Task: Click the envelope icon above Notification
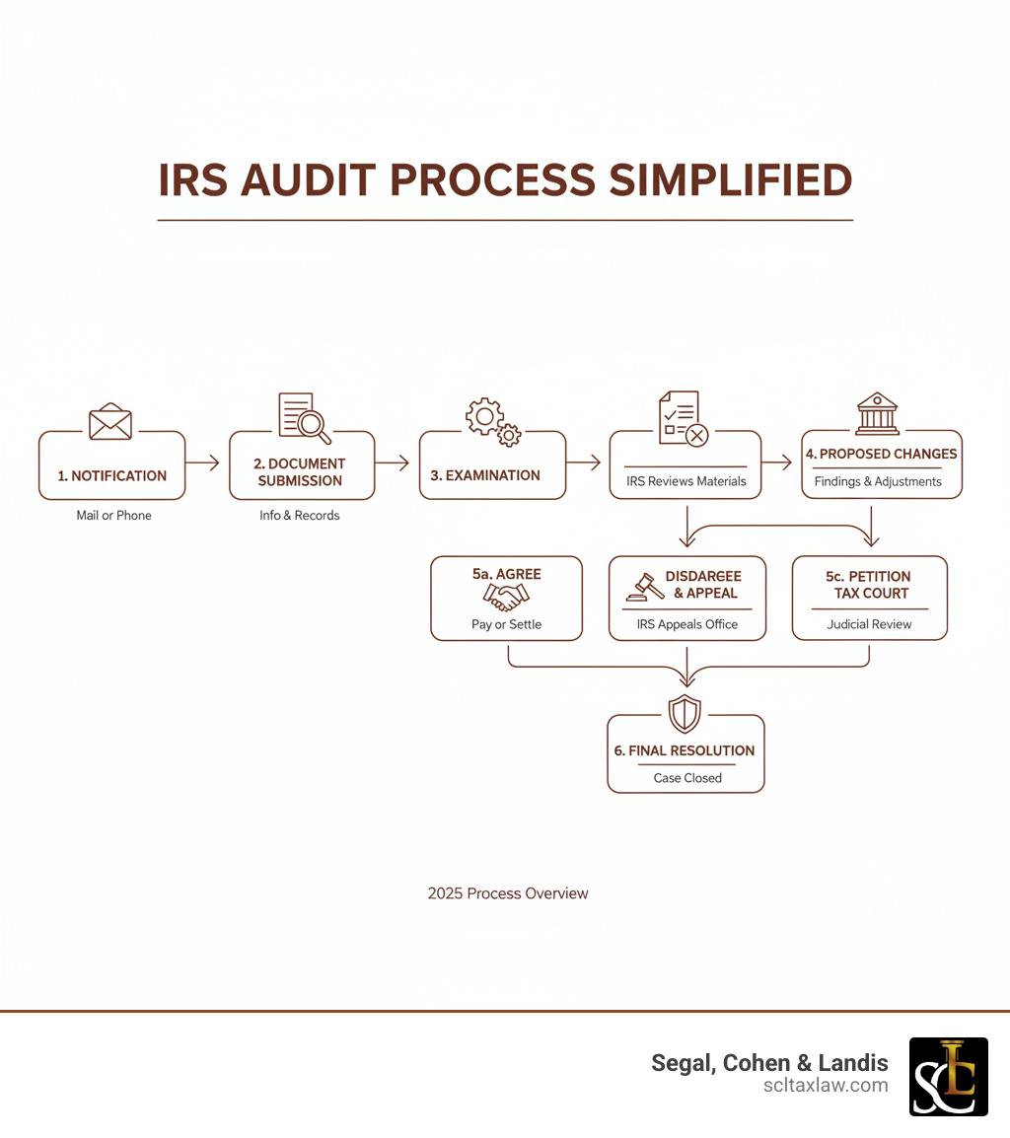click(110, 422)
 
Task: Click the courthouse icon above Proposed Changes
click(877, 414)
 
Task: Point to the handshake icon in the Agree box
click(507, 597)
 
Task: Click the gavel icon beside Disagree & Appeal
click(645, 586)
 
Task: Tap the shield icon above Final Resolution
click(685, 713)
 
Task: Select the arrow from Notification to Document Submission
click(202, 462)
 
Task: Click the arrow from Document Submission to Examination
click(392, 462)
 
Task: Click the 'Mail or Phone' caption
click(114, 515)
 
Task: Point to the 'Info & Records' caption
click(300, 515)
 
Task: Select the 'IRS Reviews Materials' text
click(686, 481)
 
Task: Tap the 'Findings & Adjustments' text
click(878, 481)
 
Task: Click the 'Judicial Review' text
click(870, 624)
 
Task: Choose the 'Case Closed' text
click(687, 778)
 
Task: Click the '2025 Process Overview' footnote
click(508, 893)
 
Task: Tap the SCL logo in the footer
click(948, 1076)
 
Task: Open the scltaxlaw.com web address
click(826, 1085)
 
